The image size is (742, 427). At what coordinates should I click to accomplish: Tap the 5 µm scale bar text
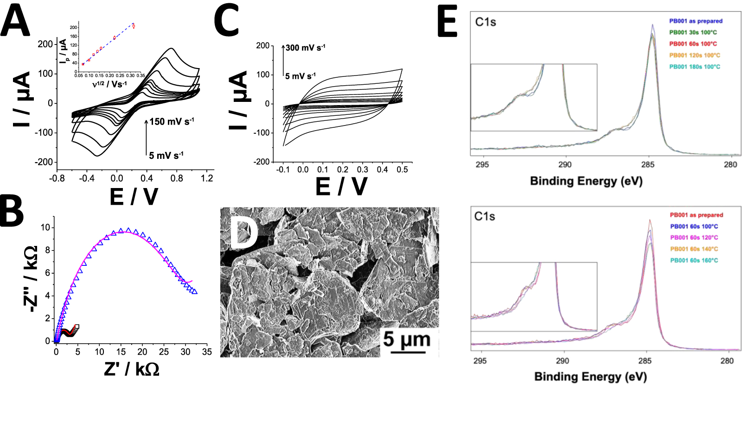coord(407,339)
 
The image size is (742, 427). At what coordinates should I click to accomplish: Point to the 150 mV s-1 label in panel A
coord(172,122)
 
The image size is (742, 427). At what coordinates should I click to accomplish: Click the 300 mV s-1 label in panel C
coord(305,48)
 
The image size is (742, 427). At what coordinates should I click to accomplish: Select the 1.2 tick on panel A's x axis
coord(207,178)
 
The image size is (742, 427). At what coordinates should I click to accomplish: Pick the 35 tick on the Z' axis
coord(207,352)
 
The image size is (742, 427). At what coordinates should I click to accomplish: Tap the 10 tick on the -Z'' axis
coord(45,227)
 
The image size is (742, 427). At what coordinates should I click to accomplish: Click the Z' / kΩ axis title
coord(132,369)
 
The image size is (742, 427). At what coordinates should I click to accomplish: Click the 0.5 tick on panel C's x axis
coord(402,170)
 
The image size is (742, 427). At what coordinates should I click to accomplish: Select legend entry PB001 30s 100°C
coord(693,32)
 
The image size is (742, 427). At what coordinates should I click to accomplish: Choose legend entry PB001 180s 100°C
coord(694,67)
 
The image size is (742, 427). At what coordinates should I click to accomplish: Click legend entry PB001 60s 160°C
coord(694,260)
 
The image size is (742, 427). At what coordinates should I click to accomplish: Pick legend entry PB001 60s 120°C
coord(694,238)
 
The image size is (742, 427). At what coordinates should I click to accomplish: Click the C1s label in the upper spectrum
coord(486,22)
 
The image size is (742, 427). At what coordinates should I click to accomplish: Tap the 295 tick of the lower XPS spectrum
coord(480,361)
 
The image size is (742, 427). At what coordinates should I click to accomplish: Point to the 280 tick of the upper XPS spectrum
coord(730,164)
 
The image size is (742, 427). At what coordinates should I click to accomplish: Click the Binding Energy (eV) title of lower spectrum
coord(590,377)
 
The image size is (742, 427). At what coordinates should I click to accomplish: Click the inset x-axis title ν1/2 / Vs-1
coord(109,84)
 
